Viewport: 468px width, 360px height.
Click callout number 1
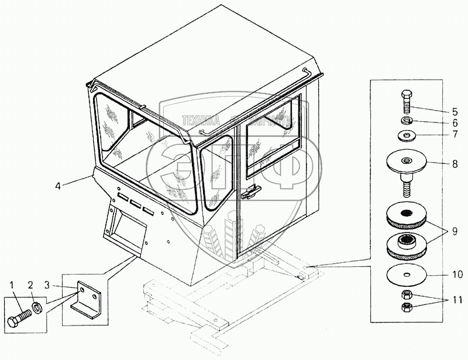[x=11, y=286]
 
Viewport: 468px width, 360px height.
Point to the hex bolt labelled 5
[x=407, y=102]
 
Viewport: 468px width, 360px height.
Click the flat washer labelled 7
[x=407, y=136]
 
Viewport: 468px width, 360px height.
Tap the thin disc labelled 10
[x=407, y=274]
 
